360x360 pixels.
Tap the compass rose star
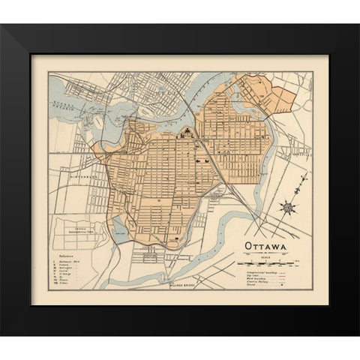(x=289, y=206)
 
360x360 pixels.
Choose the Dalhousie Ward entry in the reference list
(x=70, y=260)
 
